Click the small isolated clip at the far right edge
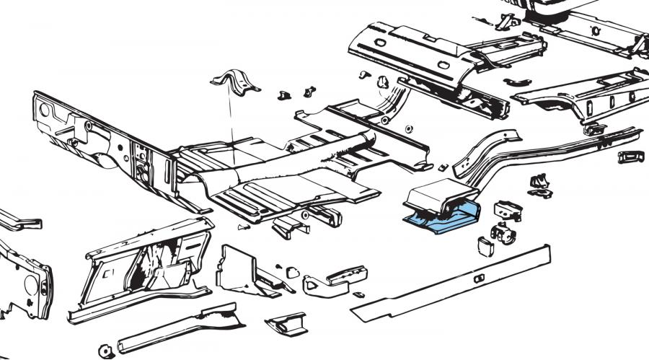pos(630,157)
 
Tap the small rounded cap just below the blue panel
pos(485,246)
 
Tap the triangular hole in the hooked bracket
pos(314,284)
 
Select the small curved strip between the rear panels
pos(517,82)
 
